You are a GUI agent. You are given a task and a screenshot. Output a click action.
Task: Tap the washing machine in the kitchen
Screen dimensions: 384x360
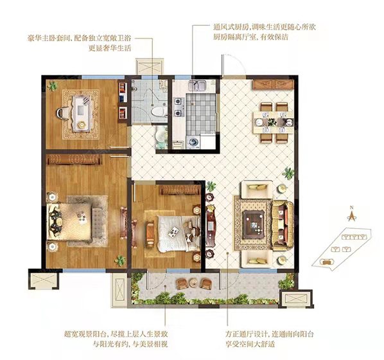click(x=193, y=141)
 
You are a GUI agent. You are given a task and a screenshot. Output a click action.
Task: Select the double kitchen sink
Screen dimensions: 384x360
click(x=198, y=86)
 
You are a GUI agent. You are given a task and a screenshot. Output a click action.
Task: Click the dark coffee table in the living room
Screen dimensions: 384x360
click(x=254, y=224)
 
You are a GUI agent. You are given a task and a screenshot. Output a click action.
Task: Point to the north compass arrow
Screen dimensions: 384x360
click(x=352, y=215)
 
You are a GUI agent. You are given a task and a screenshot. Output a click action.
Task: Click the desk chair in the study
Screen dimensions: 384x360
click(x=62, y=113)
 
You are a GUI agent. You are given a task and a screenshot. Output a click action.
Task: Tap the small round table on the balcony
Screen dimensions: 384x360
click(x=193, y=283)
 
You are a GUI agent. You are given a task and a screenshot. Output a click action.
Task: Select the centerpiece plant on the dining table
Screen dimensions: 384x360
click(x=272, y=122)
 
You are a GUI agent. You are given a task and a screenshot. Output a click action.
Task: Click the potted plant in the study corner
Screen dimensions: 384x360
click(x=53, y=85)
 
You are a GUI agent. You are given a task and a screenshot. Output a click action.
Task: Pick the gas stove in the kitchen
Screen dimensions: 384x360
click(x=179, y=107)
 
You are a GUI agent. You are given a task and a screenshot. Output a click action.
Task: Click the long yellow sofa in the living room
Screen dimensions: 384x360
click(x=283, y=225)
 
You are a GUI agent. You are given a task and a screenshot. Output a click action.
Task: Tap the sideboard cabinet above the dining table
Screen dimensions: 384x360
click(x=273, y=84)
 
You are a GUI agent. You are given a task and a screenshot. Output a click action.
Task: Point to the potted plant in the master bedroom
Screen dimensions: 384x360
click(x=121, y=260)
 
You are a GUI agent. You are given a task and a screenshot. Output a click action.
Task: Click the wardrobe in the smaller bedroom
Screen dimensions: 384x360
click(x=180, y=190)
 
